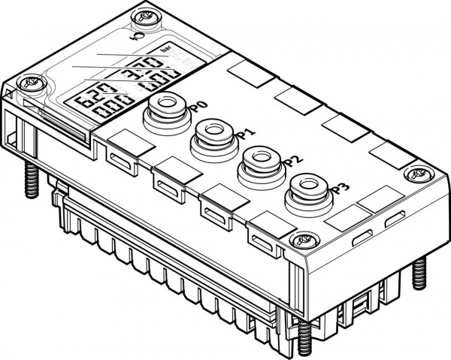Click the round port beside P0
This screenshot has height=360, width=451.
163,106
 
